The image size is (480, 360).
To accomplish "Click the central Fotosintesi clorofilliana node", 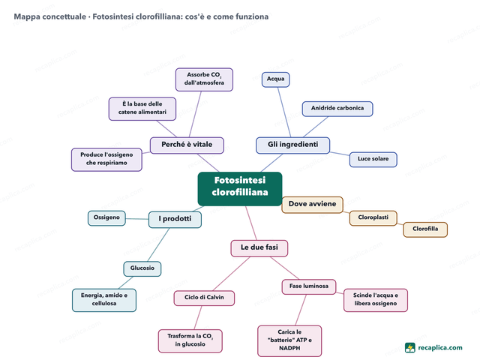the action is pos(240,188).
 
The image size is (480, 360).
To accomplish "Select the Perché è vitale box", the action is pos(187,145).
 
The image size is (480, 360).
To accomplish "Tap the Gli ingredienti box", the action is pos(292,145).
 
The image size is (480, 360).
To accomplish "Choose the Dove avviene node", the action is pos(312,205).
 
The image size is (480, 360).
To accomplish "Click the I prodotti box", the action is pos(175,220).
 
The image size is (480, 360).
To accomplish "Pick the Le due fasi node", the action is pos(259,248).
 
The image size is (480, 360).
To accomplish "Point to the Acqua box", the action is pos(275,79).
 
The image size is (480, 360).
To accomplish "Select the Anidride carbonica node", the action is pos(337,109).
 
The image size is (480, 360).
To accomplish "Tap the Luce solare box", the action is pos(373,160).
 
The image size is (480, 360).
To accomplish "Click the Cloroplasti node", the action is pos(373,218).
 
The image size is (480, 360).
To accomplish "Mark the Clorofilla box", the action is pos(425,229).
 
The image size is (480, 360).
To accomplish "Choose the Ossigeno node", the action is pos(106,218).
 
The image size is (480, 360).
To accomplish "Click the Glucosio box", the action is pos(142,268).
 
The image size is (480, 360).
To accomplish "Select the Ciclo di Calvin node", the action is pos(204,298).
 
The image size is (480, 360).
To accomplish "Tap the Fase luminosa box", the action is pos(308,286).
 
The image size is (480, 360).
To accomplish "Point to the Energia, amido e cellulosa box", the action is pos(104,300).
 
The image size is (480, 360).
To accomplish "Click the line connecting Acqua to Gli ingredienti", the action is pos(284,112).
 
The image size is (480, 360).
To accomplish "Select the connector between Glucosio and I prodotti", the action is pos(158,245).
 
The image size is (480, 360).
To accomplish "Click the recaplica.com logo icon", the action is pos(410,348).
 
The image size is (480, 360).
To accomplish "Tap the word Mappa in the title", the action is pos(27,16).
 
